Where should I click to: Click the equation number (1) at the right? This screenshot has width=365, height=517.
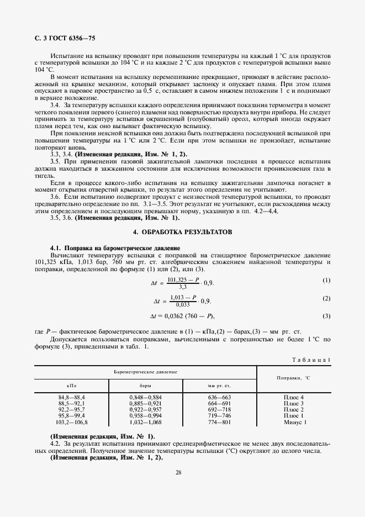point(326,281)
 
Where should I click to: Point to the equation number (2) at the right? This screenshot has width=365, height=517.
point(326,298)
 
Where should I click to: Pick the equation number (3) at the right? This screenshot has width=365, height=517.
point(326,316)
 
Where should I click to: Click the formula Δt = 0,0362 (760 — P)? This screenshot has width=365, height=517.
point(182,316)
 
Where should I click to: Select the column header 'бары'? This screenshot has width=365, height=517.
point(146,385)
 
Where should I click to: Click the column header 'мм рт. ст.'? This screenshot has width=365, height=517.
point(219,385)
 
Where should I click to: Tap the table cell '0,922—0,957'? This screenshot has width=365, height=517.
point(146,410)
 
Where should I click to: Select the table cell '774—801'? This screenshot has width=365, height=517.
point(219,422)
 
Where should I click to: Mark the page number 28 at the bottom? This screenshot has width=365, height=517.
point(178,472)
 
